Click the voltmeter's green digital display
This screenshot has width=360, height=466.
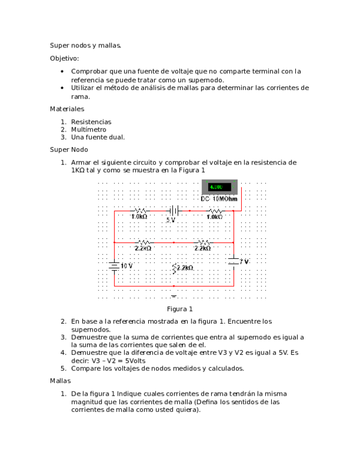tap(219, 187)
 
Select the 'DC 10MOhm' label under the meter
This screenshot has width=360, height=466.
tap(219, 199)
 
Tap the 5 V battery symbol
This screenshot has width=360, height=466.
tap(174, 211)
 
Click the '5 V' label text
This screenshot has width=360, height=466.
tap(171, 220)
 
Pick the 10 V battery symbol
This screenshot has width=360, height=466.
tap(113, 266)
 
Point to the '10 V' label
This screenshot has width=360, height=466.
tap(127, 265)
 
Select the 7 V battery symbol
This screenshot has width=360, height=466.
tap(233, 262)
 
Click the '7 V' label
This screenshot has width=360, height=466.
tap(244, 262)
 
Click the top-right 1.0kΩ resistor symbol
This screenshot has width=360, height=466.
tap(215, 211)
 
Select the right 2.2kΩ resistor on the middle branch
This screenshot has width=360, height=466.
tap(203, 242)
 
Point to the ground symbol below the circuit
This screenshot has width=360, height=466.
tap(174, 295)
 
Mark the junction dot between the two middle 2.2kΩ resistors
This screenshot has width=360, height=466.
tap(173, 242)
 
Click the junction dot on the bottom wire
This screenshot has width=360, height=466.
tap(173, 286)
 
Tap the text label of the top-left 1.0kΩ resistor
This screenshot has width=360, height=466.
tap(139, 216)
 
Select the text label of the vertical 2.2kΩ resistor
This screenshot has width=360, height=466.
tap(185, 267)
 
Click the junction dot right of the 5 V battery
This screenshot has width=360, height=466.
tap(190, 211)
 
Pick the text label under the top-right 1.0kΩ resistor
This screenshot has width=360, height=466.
tap(215, 216)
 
